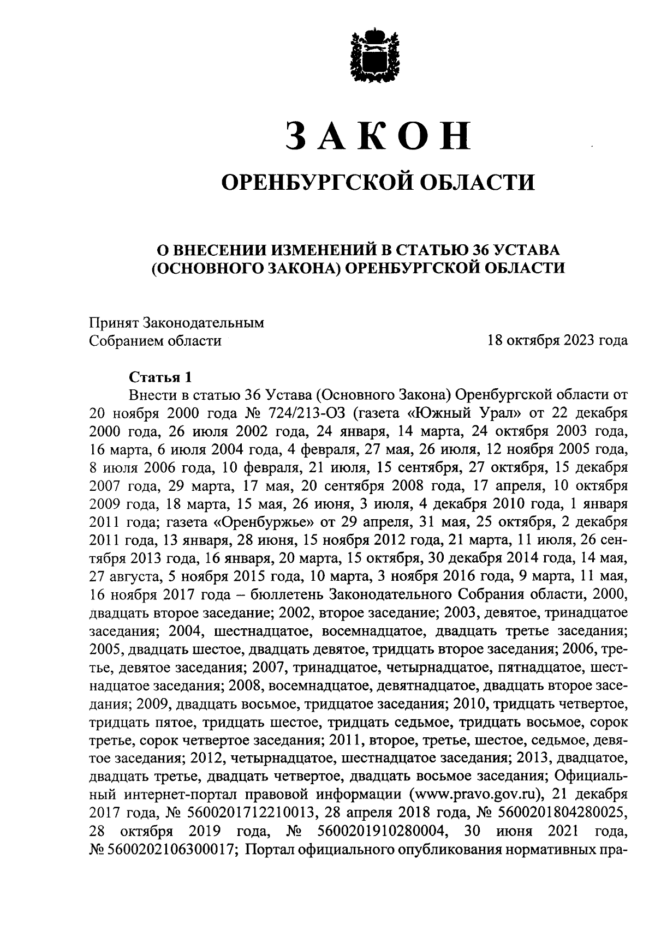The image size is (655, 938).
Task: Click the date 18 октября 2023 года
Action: (557, 341)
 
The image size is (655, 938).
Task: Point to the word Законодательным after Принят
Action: (203, 323)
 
